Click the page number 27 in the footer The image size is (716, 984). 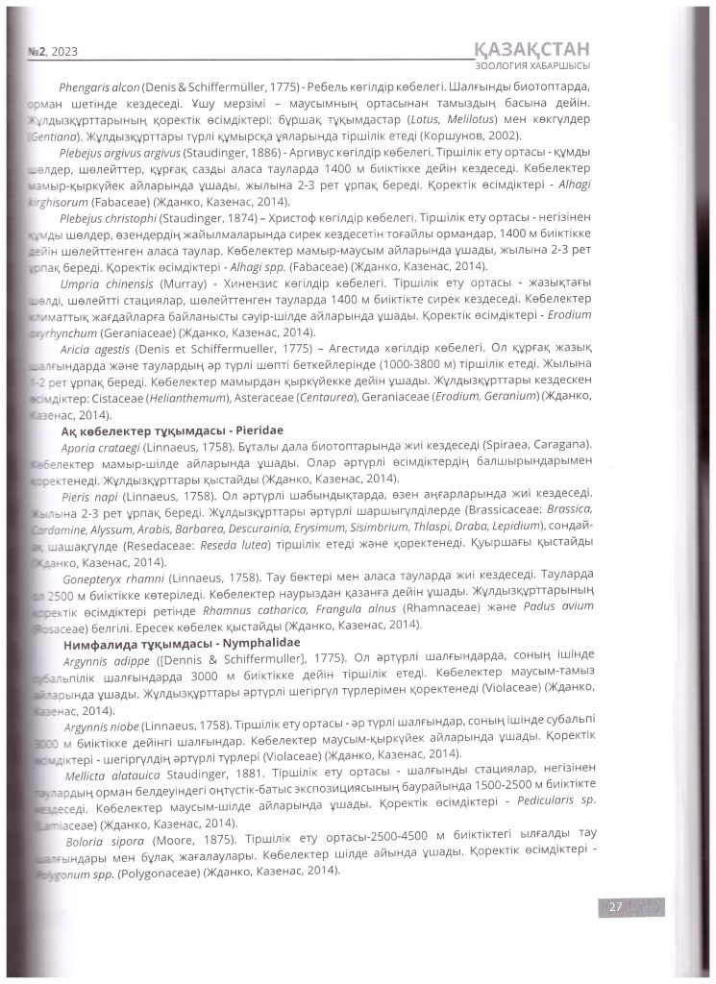coord(611,906)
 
